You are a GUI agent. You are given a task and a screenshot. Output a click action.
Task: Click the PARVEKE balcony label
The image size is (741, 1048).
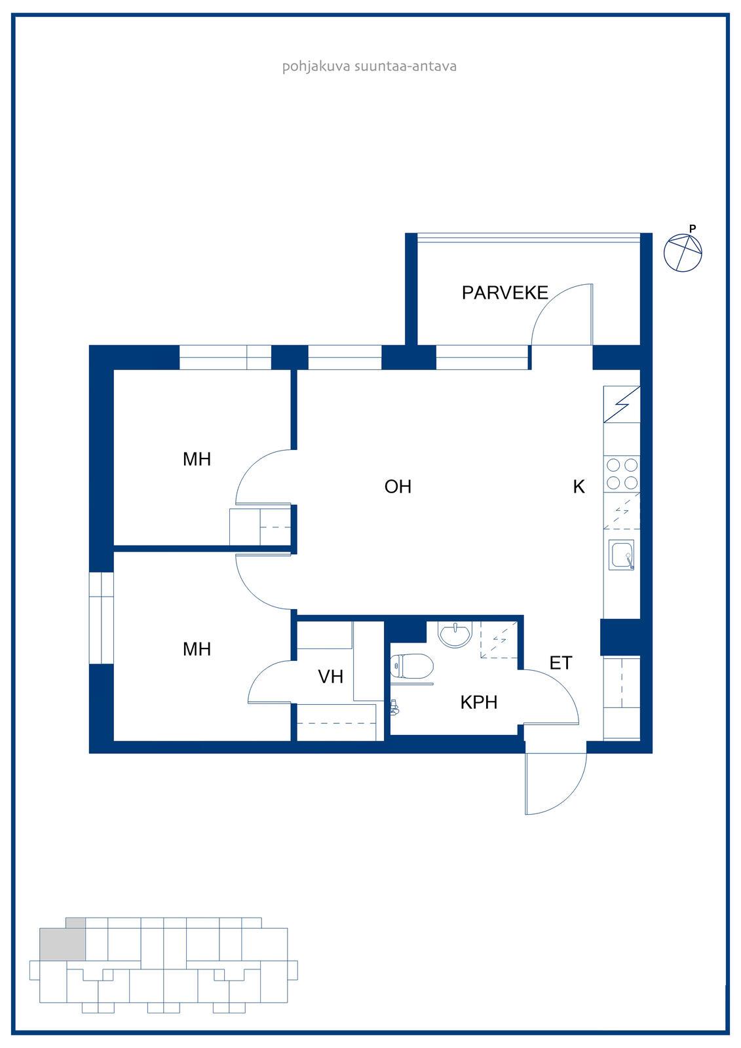[504, 293]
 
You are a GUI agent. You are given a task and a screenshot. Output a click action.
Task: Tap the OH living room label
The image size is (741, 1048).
[398, 487]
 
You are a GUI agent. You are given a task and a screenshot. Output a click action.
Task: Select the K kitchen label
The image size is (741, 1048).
[579, 487]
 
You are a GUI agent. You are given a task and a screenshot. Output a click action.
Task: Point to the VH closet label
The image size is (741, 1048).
[330, 677]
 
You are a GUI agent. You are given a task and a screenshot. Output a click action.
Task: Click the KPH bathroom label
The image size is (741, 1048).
[478, 702]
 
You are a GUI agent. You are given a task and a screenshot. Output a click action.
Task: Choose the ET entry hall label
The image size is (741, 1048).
[560, 662]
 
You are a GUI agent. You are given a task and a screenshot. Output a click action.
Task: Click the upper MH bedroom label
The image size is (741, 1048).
[197, 459]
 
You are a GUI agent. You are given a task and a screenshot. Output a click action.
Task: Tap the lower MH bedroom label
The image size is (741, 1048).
[197, 649]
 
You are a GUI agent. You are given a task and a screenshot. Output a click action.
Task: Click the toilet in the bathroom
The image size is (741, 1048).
[411, 665]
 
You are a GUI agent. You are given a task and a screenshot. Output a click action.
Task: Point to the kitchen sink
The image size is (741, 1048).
[621, 554]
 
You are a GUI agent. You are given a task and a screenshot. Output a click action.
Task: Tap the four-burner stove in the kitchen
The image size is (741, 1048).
[622, 474]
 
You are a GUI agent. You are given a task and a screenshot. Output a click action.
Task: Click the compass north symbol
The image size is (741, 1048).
[683, 253]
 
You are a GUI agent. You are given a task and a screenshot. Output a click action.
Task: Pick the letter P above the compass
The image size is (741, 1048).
[693, 229]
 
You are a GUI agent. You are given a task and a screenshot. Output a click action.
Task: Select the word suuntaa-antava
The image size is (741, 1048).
[406, 66]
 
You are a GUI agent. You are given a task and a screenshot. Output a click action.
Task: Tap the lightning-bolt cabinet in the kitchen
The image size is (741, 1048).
[622, 404]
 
